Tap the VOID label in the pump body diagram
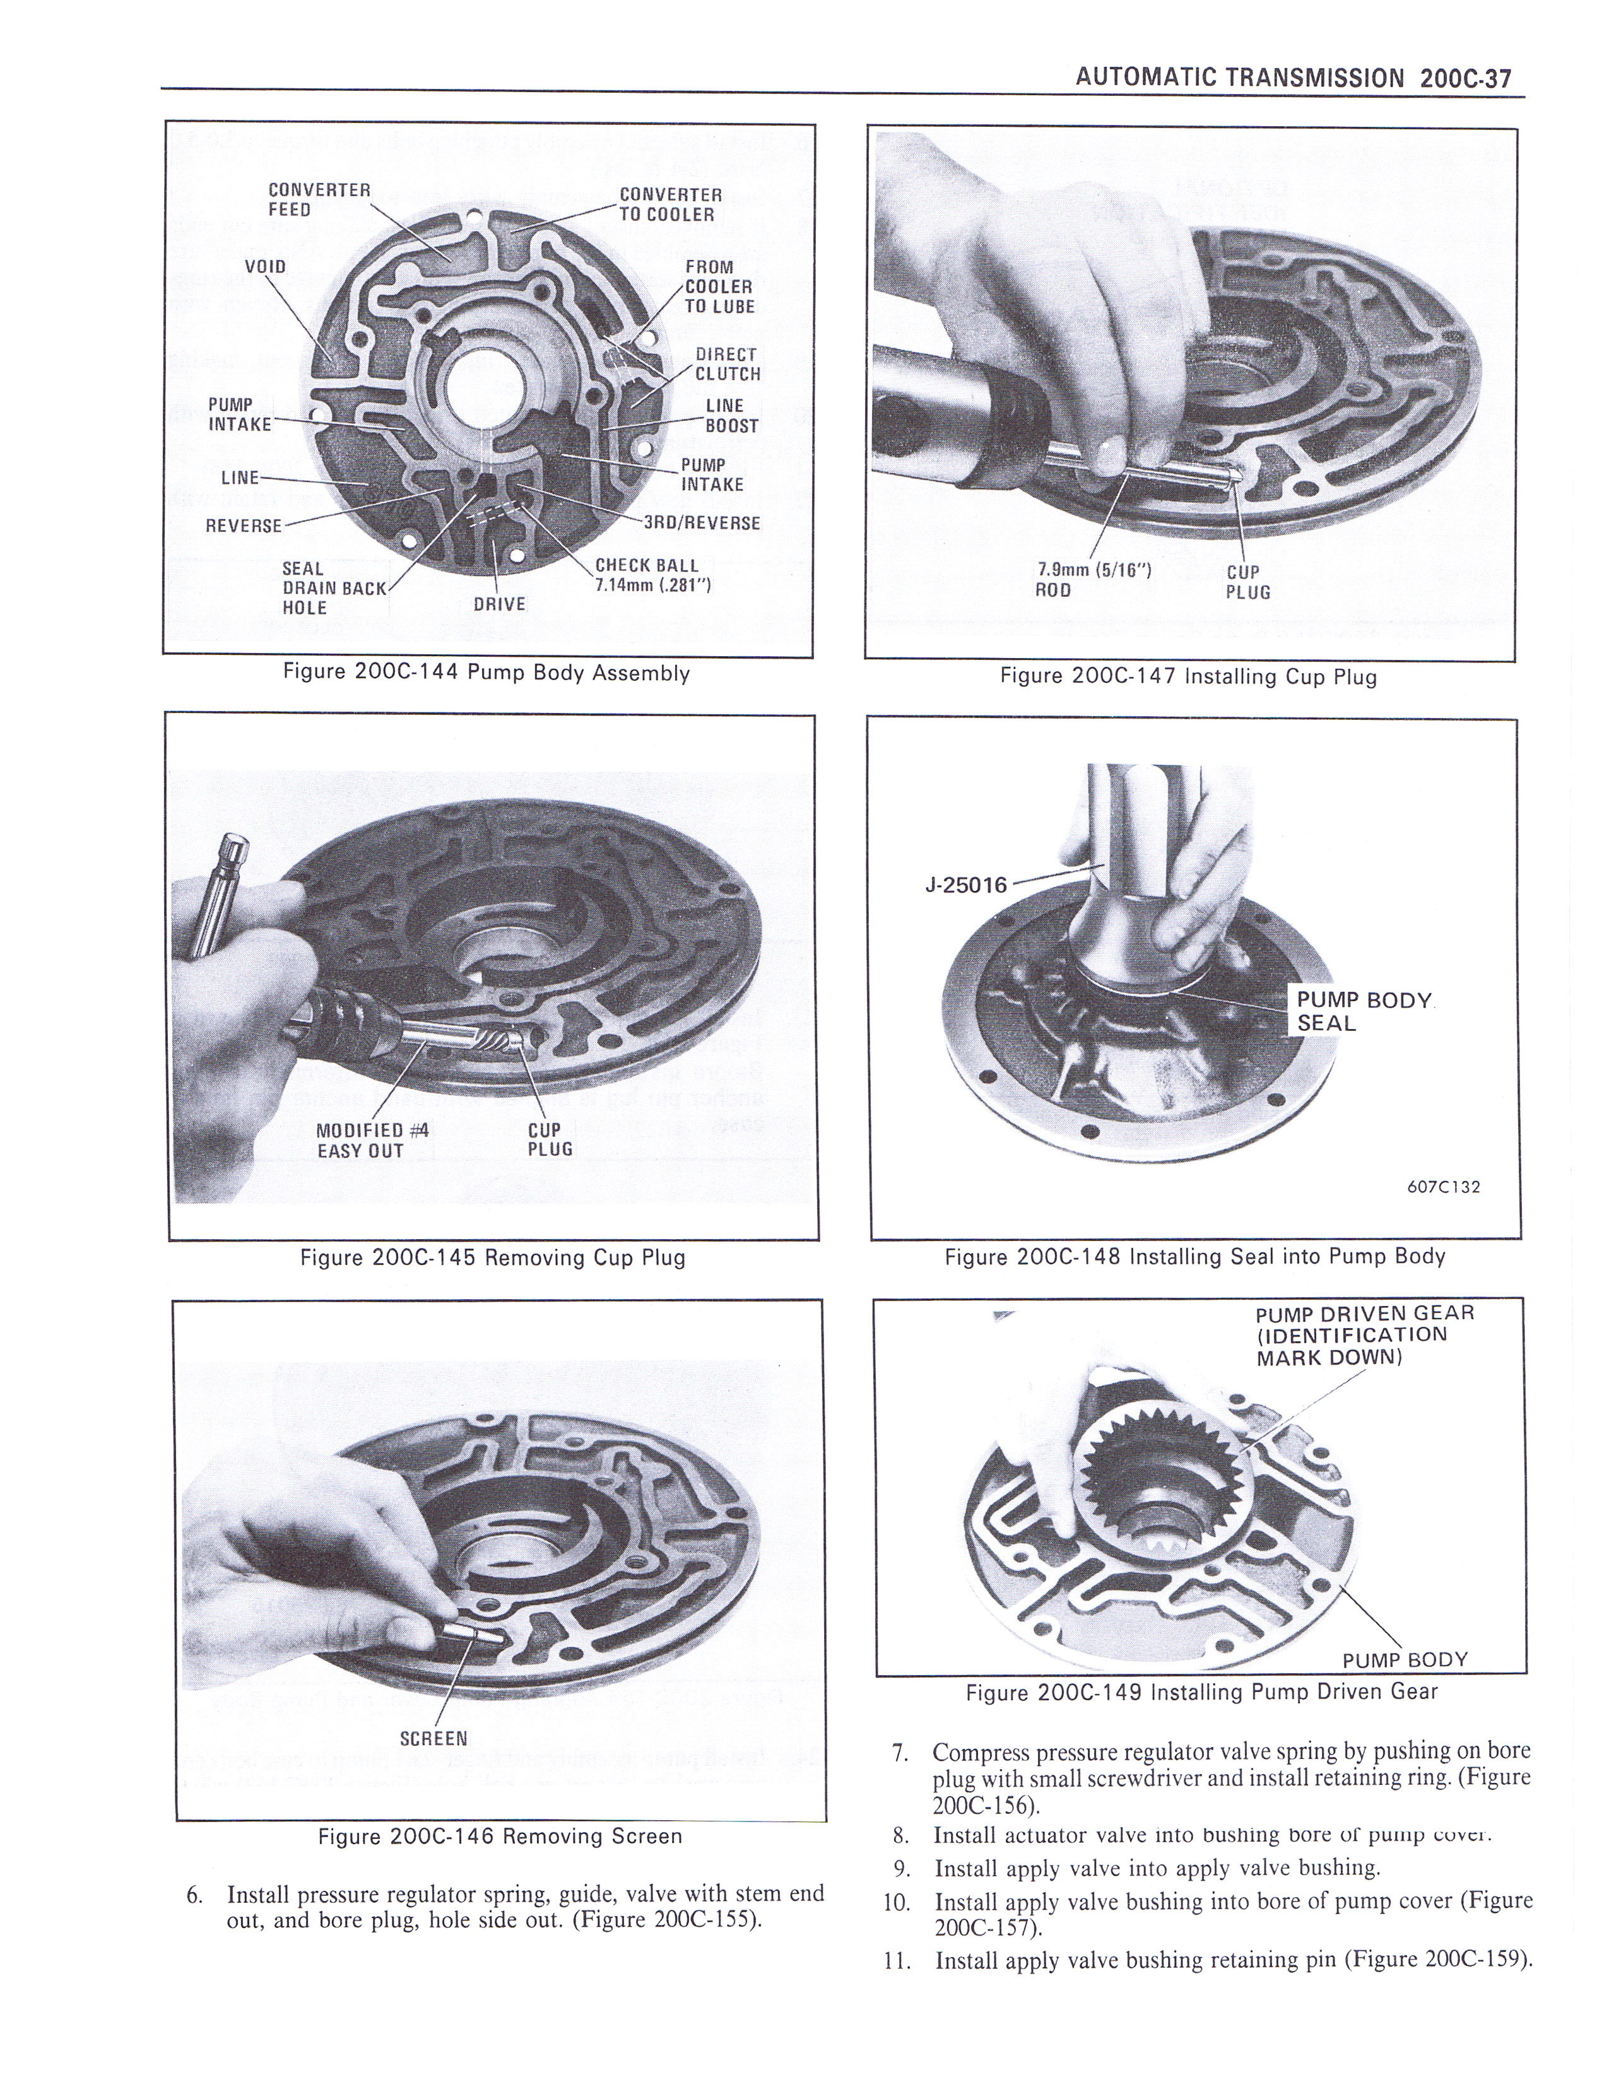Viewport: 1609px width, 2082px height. [265, 266]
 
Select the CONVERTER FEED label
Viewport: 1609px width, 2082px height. [319, 199]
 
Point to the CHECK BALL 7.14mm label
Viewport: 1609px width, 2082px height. [653, 575]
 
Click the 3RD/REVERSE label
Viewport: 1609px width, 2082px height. [702, 522]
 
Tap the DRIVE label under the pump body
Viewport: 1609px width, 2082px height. [500, 603]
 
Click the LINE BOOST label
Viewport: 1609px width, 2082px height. [732, 416]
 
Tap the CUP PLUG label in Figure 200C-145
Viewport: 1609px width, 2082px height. [550, 1139]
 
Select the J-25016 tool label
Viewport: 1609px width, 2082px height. [965, 885]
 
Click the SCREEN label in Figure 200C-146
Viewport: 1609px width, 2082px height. [433, 1738]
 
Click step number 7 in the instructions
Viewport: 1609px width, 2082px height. [898, 1752]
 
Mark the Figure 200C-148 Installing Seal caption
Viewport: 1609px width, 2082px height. [1195, 1256]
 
